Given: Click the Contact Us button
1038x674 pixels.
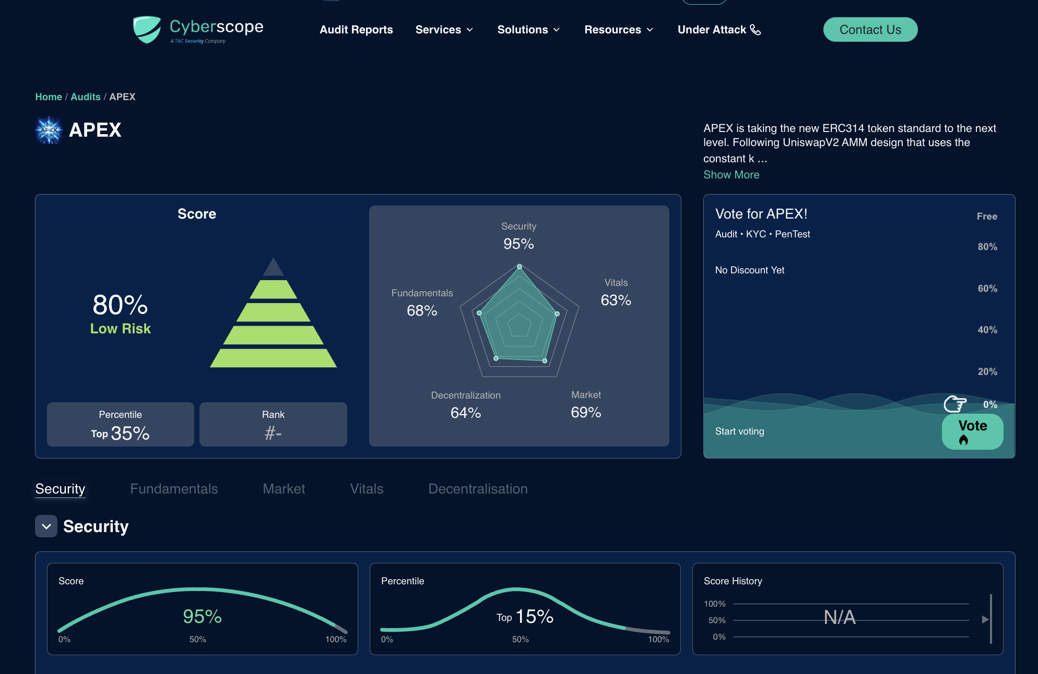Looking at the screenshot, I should [870, 30].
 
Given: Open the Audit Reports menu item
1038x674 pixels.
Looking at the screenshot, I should [356, 30].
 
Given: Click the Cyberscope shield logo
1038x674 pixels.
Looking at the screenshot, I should [147, 29].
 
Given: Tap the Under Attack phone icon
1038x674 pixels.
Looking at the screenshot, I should [756, 30].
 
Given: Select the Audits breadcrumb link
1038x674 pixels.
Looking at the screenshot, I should [86, 97].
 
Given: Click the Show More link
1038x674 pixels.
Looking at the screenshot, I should [731, 175].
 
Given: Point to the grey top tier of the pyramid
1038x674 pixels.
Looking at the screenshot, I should [273, 267].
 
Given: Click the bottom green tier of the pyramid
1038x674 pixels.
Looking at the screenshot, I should [273, 358].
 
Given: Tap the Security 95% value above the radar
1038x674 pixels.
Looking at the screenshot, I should [518, 244].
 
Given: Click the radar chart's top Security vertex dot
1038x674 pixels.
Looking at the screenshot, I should [519, 267].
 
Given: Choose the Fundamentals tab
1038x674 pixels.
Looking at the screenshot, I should [174, 489].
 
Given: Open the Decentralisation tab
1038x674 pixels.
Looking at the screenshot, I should [478, 489].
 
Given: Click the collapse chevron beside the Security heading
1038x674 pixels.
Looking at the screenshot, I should [46, 526].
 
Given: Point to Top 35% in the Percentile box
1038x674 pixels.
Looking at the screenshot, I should [121, 433].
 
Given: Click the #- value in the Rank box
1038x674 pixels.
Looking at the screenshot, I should [273, 433].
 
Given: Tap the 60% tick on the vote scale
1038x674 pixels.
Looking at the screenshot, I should [987, 288].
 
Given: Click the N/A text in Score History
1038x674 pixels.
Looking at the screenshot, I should [840, 617].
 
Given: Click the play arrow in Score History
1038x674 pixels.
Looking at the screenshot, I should [985, 620].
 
